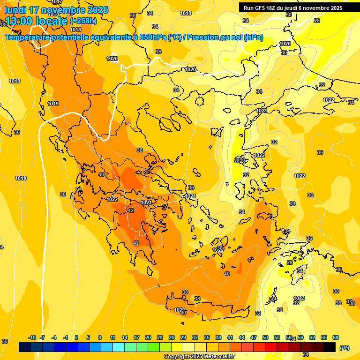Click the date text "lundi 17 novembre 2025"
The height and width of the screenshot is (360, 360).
tap(56, 10)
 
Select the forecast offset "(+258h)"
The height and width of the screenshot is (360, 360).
tap(84, 21)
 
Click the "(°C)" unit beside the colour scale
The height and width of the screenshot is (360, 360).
tap(344, 347)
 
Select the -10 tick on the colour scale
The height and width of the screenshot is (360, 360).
tap(32, 338)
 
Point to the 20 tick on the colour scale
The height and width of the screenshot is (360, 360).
tap(148, 338)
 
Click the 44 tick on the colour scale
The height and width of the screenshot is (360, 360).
tap(242, 338)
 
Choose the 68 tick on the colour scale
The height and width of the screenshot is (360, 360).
tap(336, 338)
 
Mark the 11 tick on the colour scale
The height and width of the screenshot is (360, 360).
tap(113, 338)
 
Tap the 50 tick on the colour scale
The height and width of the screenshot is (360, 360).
tap(265, 338)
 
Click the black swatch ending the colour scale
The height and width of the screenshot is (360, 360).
tap(330, 347)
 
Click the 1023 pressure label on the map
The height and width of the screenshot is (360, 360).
tap(299, 298)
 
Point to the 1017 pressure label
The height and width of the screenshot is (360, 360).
tap(57, 2)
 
